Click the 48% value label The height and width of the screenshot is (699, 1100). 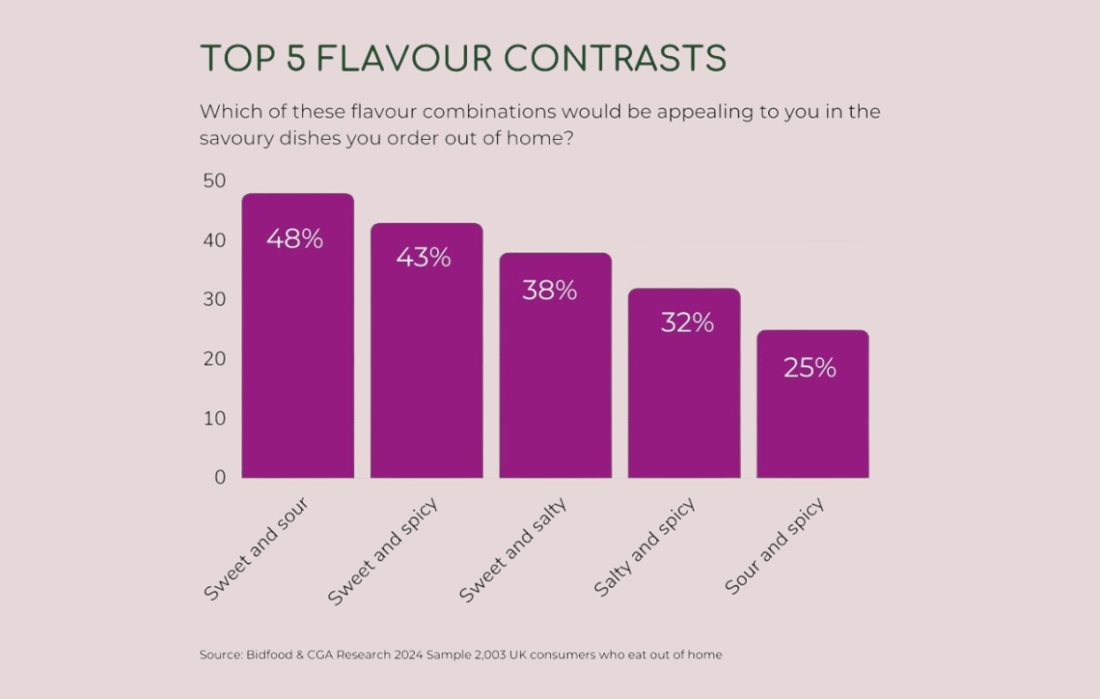295,239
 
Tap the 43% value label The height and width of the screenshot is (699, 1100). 423,257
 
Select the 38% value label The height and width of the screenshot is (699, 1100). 549,291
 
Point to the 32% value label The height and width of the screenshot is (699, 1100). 687,322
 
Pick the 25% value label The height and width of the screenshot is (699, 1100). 809,368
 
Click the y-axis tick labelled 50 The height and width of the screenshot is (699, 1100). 214,181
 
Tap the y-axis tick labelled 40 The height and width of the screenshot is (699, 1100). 214,240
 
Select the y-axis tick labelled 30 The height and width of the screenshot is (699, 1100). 214,299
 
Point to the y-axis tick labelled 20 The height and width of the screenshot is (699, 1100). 214,359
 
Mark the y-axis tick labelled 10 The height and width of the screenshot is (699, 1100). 214,418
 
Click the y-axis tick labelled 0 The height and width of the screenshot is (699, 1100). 220,477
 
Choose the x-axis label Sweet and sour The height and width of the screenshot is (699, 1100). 256,549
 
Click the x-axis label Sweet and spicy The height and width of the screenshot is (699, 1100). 383,551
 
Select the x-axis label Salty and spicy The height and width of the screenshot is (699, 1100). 644,548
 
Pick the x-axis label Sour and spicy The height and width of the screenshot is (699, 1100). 775,547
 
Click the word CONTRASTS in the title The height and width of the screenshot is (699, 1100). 616,59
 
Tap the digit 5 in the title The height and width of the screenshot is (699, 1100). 294,59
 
